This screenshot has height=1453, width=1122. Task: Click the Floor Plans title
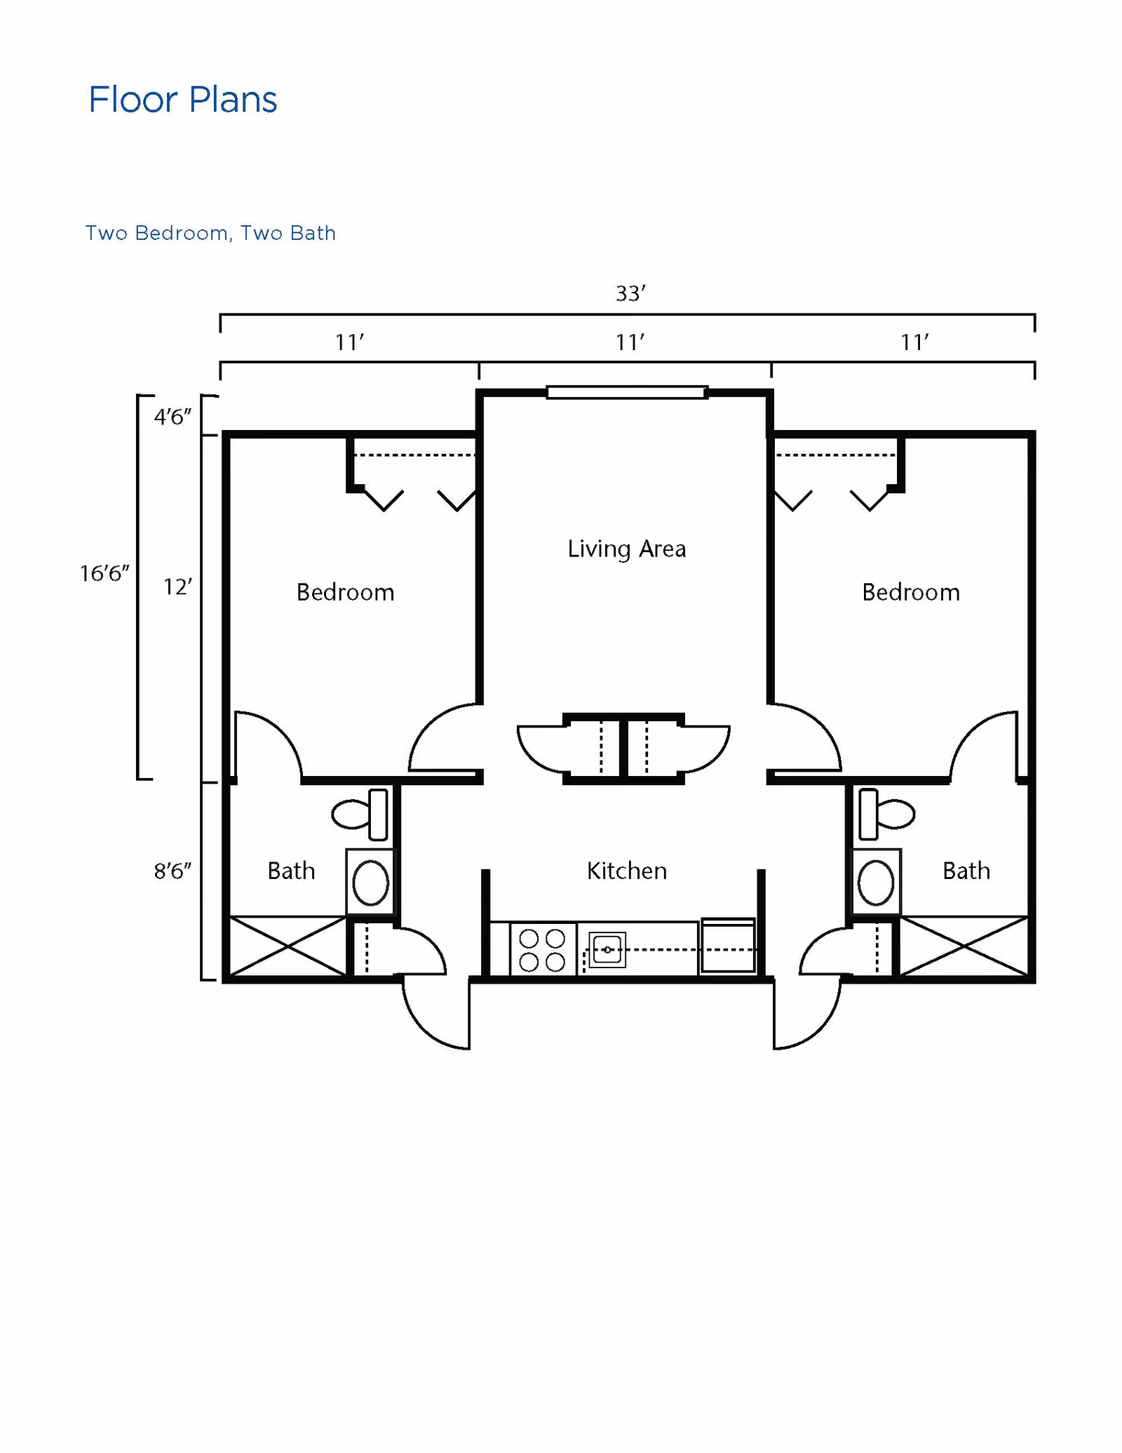[182, 100]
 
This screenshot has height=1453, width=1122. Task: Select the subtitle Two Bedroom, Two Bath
[210, 233]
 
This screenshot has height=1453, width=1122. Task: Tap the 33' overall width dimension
[630, 293]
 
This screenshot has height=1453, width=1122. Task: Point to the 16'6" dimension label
[104, 573]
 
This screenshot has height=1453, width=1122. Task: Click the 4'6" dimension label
[173, 417]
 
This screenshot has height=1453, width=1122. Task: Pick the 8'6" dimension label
[173, 871]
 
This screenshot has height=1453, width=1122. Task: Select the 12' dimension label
[177, 587]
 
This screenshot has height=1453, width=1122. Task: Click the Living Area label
[626, 549]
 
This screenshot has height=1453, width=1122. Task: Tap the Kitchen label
[626, 871]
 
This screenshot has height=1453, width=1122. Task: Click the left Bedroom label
[345, 592]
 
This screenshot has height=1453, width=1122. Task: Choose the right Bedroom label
[910, 592]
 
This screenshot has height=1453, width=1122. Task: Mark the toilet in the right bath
[887, 815]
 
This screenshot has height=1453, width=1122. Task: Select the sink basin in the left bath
[370, 883]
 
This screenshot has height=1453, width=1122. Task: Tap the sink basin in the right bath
[876, 883]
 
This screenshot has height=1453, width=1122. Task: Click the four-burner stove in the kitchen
[542, 950]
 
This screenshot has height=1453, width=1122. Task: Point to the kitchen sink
[607, 950]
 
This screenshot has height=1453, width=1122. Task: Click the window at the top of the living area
[626, 392]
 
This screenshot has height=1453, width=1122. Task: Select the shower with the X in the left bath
[288, 946]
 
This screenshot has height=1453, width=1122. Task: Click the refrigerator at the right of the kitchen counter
[728, 946]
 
